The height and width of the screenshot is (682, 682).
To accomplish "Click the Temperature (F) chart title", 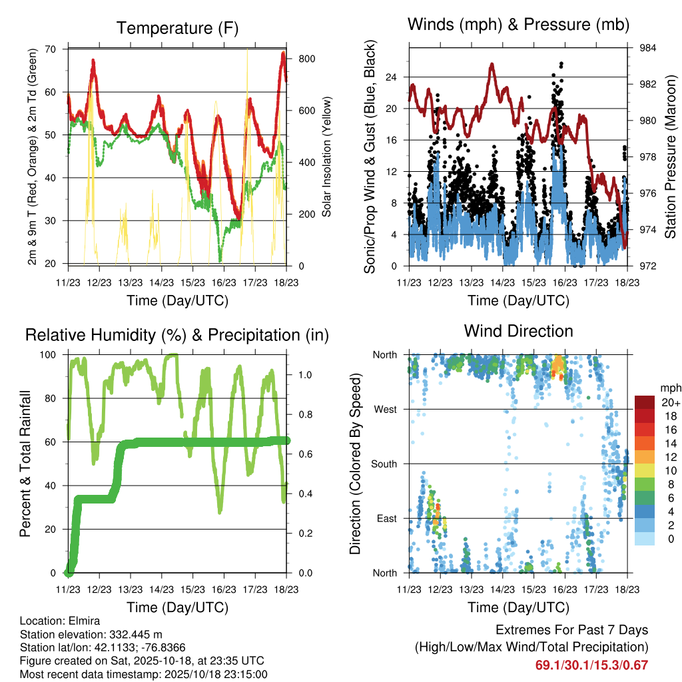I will tap(177, 28).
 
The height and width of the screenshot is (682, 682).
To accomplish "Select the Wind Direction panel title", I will tap(518, 331).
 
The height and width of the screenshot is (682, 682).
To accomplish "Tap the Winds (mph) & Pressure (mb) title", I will tap(518, 25).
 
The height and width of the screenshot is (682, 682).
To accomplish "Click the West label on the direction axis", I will tap(386, 409).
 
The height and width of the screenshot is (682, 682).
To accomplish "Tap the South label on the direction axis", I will tap(384, 464).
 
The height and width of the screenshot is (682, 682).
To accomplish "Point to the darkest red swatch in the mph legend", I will tap(645, 402).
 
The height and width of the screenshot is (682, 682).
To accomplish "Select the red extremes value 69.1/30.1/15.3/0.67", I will tap(591, 665).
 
